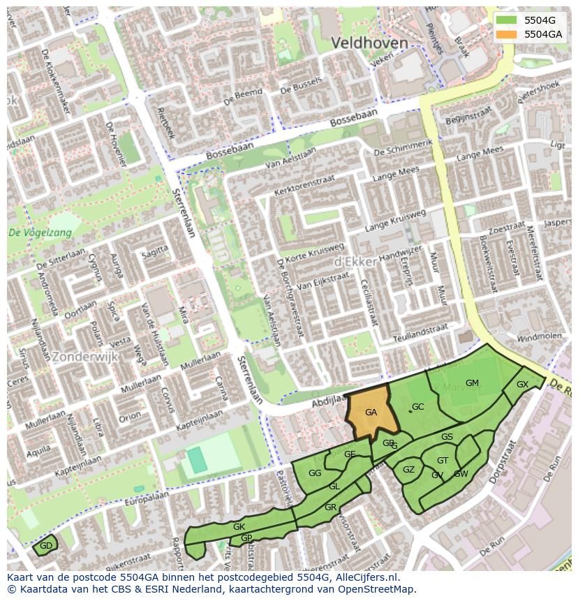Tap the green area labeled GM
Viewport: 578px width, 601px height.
coord(472,383)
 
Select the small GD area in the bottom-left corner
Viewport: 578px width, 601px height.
coord(46,546)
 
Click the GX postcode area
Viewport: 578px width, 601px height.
coord(523,385)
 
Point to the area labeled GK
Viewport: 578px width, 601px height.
coord(239,527)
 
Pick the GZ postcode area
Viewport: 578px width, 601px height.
coord(409,470)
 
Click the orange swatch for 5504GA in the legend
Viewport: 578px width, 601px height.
coord(507,34)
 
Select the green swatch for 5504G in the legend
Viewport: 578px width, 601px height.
coord(507,20)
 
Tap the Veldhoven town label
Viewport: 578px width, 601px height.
coord(369,43)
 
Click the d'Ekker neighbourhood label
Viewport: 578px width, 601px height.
coord(356,261)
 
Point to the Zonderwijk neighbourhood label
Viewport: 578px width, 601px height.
coord(85,357)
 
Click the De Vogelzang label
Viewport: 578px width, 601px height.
coord(40,233)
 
